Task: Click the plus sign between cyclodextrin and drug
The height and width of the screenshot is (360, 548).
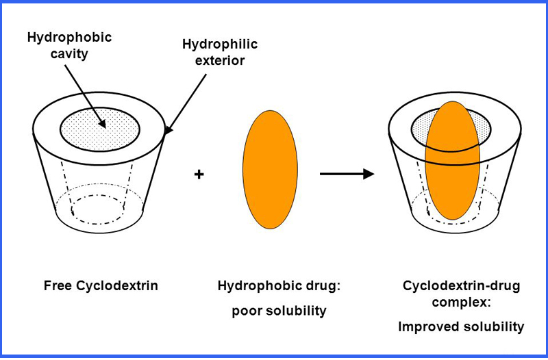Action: tap(199, 175)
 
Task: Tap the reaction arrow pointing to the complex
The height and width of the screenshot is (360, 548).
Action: tap(347, 174)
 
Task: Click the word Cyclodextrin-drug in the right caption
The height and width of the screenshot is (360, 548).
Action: tap(453, 285)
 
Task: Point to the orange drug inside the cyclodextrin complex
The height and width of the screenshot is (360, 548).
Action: tap(451, 164)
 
